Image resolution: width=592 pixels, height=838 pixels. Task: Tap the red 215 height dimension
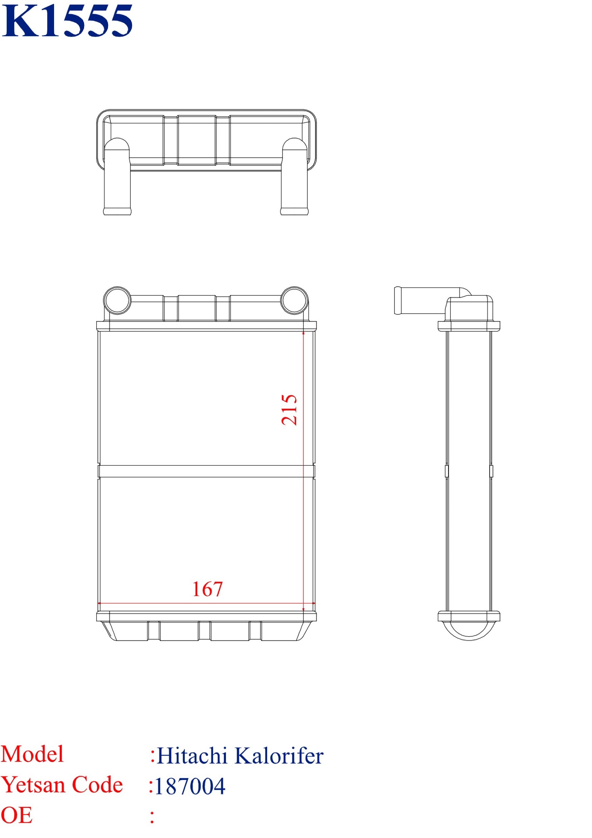point(290,410)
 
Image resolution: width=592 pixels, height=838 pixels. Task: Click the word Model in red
point(32,754)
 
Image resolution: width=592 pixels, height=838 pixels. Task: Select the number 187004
point(190,786)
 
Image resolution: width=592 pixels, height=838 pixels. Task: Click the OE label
point(17,815)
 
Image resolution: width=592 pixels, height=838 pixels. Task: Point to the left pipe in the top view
point(118,179)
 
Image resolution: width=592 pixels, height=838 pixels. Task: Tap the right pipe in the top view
point(294,179)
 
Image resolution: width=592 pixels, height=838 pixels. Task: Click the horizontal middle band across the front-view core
point(206,471)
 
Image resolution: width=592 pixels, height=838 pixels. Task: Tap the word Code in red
point(97,785)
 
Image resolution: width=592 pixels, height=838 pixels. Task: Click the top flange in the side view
point(469,325)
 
